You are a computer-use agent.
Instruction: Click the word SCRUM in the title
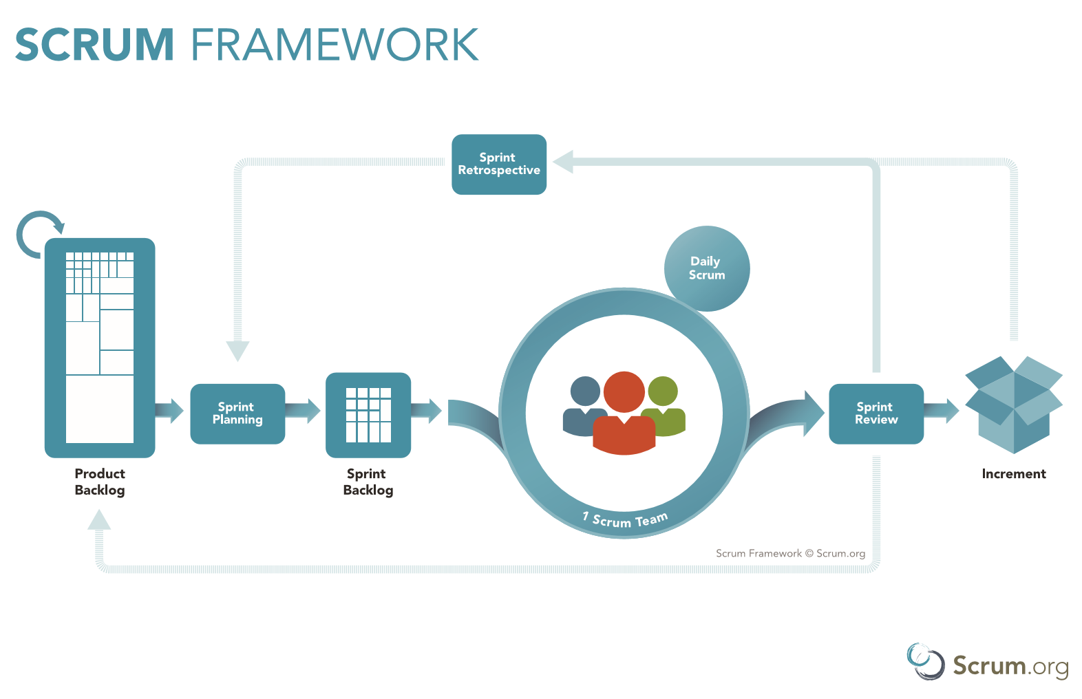point(94,45)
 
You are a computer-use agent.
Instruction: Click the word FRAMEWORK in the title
point(335,45)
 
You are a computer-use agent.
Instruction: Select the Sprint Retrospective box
point(499,164)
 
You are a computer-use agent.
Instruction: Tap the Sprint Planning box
point(237,413)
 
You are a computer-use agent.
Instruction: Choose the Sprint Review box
point(876,413)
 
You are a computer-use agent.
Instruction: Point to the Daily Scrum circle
point(707,268)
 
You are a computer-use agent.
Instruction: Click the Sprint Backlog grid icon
point(368,415)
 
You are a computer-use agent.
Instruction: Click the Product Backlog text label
point(100,482)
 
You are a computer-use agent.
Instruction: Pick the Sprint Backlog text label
point(368,482)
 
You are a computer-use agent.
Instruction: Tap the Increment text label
point(1013,474)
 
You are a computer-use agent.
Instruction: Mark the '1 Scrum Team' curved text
point(625,519)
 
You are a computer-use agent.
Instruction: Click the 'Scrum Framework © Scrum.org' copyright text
point(790,553)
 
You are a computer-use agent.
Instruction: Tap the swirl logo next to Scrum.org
point(926,661)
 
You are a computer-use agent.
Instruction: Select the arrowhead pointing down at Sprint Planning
point(237,351)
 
